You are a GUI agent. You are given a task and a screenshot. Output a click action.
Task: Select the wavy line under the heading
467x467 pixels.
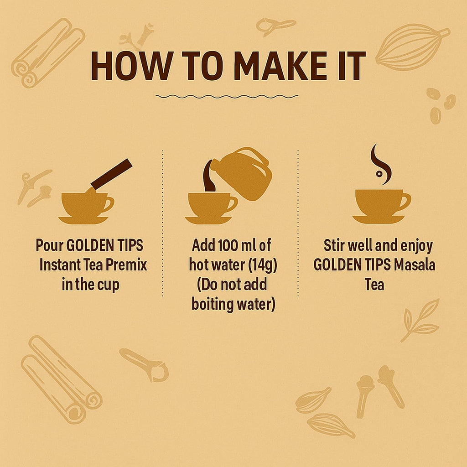[x=227, y=96]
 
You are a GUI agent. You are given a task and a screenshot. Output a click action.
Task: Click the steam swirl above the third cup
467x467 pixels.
[x=380, y=164]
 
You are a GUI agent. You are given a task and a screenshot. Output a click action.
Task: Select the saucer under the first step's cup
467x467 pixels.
[x=83, y=220]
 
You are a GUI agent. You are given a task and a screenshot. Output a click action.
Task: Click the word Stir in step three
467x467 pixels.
[x=334, y=246]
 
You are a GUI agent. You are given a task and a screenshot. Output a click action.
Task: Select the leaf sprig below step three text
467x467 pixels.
[x=420, y=320]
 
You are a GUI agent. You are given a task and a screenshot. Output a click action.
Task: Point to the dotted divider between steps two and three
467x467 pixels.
[x=298, y=223]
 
